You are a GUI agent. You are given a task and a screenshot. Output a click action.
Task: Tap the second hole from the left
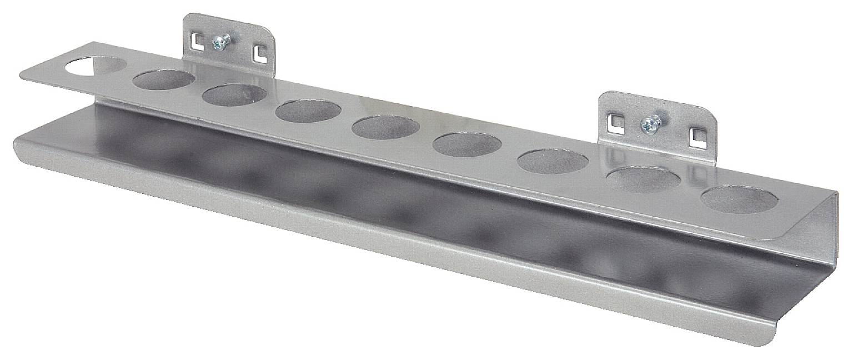pos(164,79)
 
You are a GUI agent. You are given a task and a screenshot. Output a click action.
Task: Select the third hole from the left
pos(234,95)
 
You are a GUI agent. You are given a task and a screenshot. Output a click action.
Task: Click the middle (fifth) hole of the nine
pos(385,127)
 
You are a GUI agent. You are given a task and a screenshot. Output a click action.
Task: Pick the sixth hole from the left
pos(466,144)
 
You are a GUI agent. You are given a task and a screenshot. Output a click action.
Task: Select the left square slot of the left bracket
pos(195,40)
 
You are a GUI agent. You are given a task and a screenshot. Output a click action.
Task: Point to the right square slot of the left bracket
pos(259,53)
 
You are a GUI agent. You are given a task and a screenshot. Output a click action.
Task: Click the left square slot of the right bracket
pos(613,119)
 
